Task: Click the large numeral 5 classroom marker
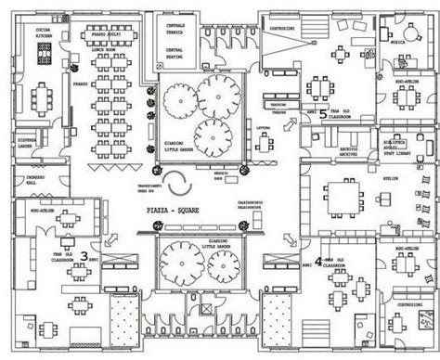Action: [x=322, y=115]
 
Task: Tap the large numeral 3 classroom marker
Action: [x=84, y=253]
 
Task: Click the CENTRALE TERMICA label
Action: [x=180, y=25]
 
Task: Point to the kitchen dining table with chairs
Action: [x=41, y=96]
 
